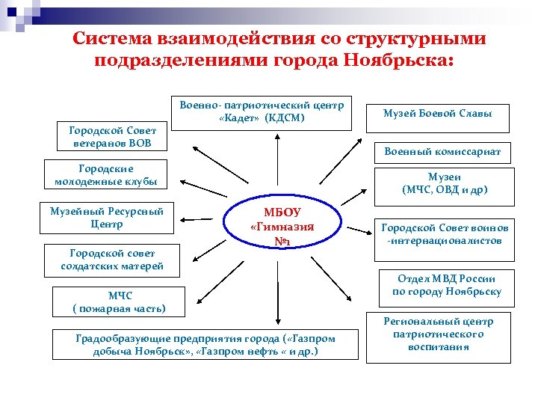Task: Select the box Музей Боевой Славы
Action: pyautogui.click(x=437, y=114)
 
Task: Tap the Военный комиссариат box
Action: pyautogui.click(x=442, y=152)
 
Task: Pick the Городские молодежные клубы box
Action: pyautogui.click(x=105, y=174)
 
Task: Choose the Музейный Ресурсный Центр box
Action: pyautogui.click(x=106, y=217)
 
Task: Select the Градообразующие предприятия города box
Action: pyautogui.click(x=205, y=344)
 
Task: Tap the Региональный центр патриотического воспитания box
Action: pyautogui.click(x=438, y=334)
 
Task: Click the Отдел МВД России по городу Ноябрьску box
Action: pyautogui.click(x=446, y=286)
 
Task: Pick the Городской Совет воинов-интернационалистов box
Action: pyautogui.click(x=444, y=234)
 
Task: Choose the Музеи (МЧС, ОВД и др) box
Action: pyautogui.click(x=444, y=183)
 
